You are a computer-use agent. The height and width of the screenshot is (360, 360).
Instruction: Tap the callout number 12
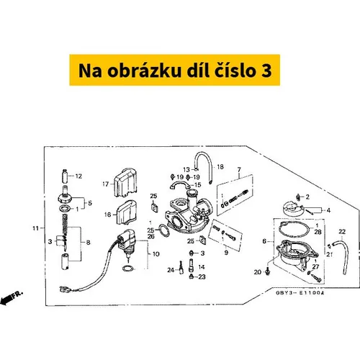78,176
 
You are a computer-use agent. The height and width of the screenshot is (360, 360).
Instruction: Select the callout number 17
106,184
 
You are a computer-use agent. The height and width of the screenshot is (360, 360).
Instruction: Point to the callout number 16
108,215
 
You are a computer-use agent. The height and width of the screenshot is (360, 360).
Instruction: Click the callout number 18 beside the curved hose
220,166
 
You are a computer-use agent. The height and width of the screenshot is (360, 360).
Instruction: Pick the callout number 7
239,170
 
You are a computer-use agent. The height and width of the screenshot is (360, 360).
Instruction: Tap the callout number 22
342,232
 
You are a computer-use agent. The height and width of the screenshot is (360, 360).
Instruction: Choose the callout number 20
258,272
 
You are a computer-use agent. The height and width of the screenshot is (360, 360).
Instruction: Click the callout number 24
171,270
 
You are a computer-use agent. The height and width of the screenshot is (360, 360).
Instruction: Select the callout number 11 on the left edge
35,228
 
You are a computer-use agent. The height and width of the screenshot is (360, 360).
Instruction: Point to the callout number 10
156,253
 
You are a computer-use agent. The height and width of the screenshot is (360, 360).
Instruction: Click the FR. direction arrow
11,297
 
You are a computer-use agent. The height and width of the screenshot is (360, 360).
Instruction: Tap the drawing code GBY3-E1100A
300,293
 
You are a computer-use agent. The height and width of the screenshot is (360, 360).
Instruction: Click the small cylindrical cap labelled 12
64,176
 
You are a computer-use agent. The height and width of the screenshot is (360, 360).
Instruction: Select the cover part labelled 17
125,182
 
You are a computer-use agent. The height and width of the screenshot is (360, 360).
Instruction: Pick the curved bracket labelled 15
180,185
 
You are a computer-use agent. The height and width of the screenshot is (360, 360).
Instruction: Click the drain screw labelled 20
268,271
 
